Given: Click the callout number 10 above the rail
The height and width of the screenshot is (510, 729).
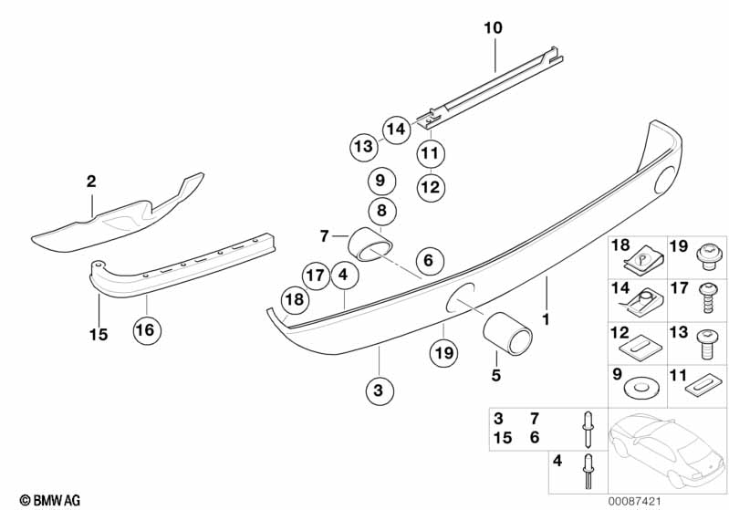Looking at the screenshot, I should coord(493,29).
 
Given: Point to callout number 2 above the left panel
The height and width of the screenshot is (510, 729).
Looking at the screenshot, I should coord(91,182).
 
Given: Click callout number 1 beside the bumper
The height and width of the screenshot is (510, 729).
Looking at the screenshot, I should coord(547,320).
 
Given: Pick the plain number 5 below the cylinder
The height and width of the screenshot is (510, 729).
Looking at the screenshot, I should coord(495,374).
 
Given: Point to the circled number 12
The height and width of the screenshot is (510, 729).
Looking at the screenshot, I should coord(431,188).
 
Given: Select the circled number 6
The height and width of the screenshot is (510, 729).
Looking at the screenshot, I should coord(431,261).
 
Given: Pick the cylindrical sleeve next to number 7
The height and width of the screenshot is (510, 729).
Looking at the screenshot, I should coord(371,244).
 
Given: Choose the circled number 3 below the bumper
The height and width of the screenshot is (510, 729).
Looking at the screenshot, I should coord(380,391).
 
